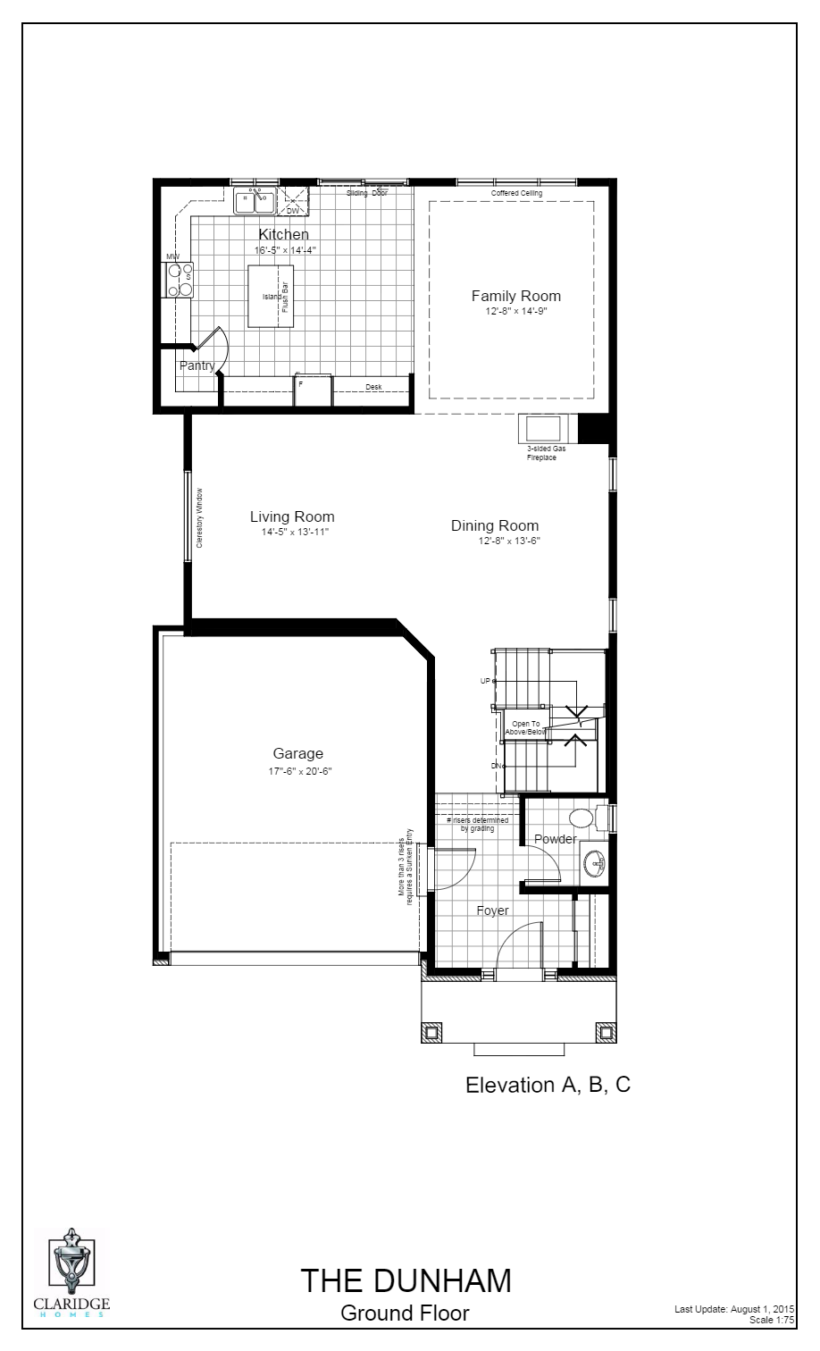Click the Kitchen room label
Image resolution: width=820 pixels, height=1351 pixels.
[283, 235]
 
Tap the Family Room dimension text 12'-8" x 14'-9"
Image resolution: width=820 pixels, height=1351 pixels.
[515, 312]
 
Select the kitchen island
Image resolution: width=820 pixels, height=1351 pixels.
[270, 296]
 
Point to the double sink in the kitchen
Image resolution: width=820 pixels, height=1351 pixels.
[254, 202]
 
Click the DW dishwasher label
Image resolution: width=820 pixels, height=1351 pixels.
[293, 211]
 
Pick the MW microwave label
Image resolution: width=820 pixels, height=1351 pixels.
[172, 257]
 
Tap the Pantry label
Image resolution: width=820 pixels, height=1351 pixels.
[197, 365]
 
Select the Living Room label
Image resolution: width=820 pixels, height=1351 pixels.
[292, 516]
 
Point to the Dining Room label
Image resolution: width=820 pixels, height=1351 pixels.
[495, 525]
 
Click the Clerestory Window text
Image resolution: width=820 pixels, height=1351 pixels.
[200, 517]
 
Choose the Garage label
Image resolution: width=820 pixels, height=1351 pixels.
[298, 753]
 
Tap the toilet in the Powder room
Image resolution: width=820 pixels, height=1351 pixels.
[582, 817]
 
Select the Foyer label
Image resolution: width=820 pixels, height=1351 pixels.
[492, 910]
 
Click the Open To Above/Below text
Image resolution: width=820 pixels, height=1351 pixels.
[525, 727]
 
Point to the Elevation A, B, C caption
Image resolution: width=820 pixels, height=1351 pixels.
[548, 1085]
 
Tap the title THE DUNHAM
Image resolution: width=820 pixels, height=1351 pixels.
[406, 1280]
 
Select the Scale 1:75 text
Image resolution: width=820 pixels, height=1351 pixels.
[772, 1320]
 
